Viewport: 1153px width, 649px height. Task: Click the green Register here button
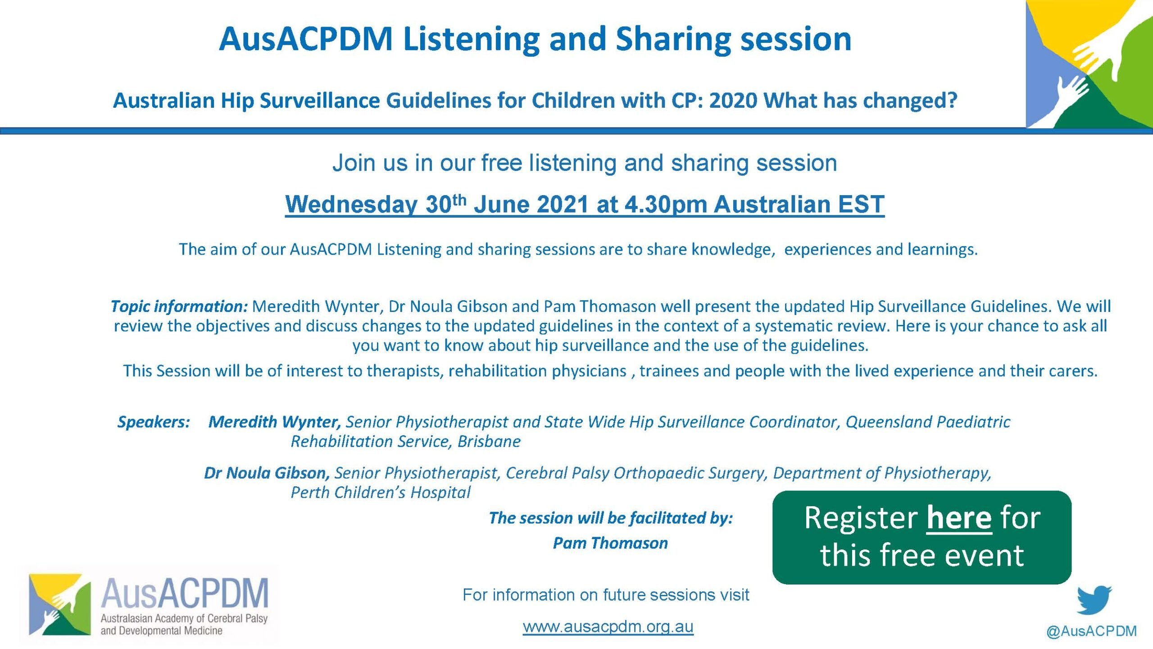coord(921,537)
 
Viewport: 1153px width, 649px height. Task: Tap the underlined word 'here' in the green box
coord(959,518)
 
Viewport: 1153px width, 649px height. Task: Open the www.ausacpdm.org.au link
coord(608,626)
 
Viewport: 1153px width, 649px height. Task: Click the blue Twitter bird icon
coord(1094,600)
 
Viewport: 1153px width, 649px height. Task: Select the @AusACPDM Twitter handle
coord(1092,631)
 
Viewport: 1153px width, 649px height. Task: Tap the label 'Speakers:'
coord(154,422)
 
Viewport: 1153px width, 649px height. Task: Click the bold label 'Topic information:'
coord(179,306)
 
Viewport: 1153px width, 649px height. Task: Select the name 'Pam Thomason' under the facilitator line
coord(610,543)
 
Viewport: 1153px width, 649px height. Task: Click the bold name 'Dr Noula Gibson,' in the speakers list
coord(267,473)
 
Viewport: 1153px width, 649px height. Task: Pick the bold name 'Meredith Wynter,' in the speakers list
coord(275,422)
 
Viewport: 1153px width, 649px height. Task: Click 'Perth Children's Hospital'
coord(381,492)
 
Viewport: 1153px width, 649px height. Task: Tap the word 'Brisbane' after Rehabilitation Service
coord(489,441)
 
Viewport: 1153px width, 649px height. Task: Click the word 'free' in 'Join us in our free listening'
coord(502,163)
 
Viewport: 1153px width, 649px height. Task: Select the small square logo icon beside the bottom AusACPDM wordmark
coord(60,604)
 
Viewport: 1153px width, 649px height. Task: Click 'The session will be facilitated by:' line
coord(611,518)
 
